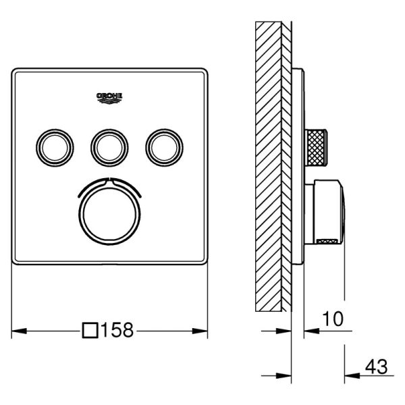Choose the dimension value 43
click(376, 367)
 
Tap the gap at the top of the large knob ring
click(110, 180)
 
